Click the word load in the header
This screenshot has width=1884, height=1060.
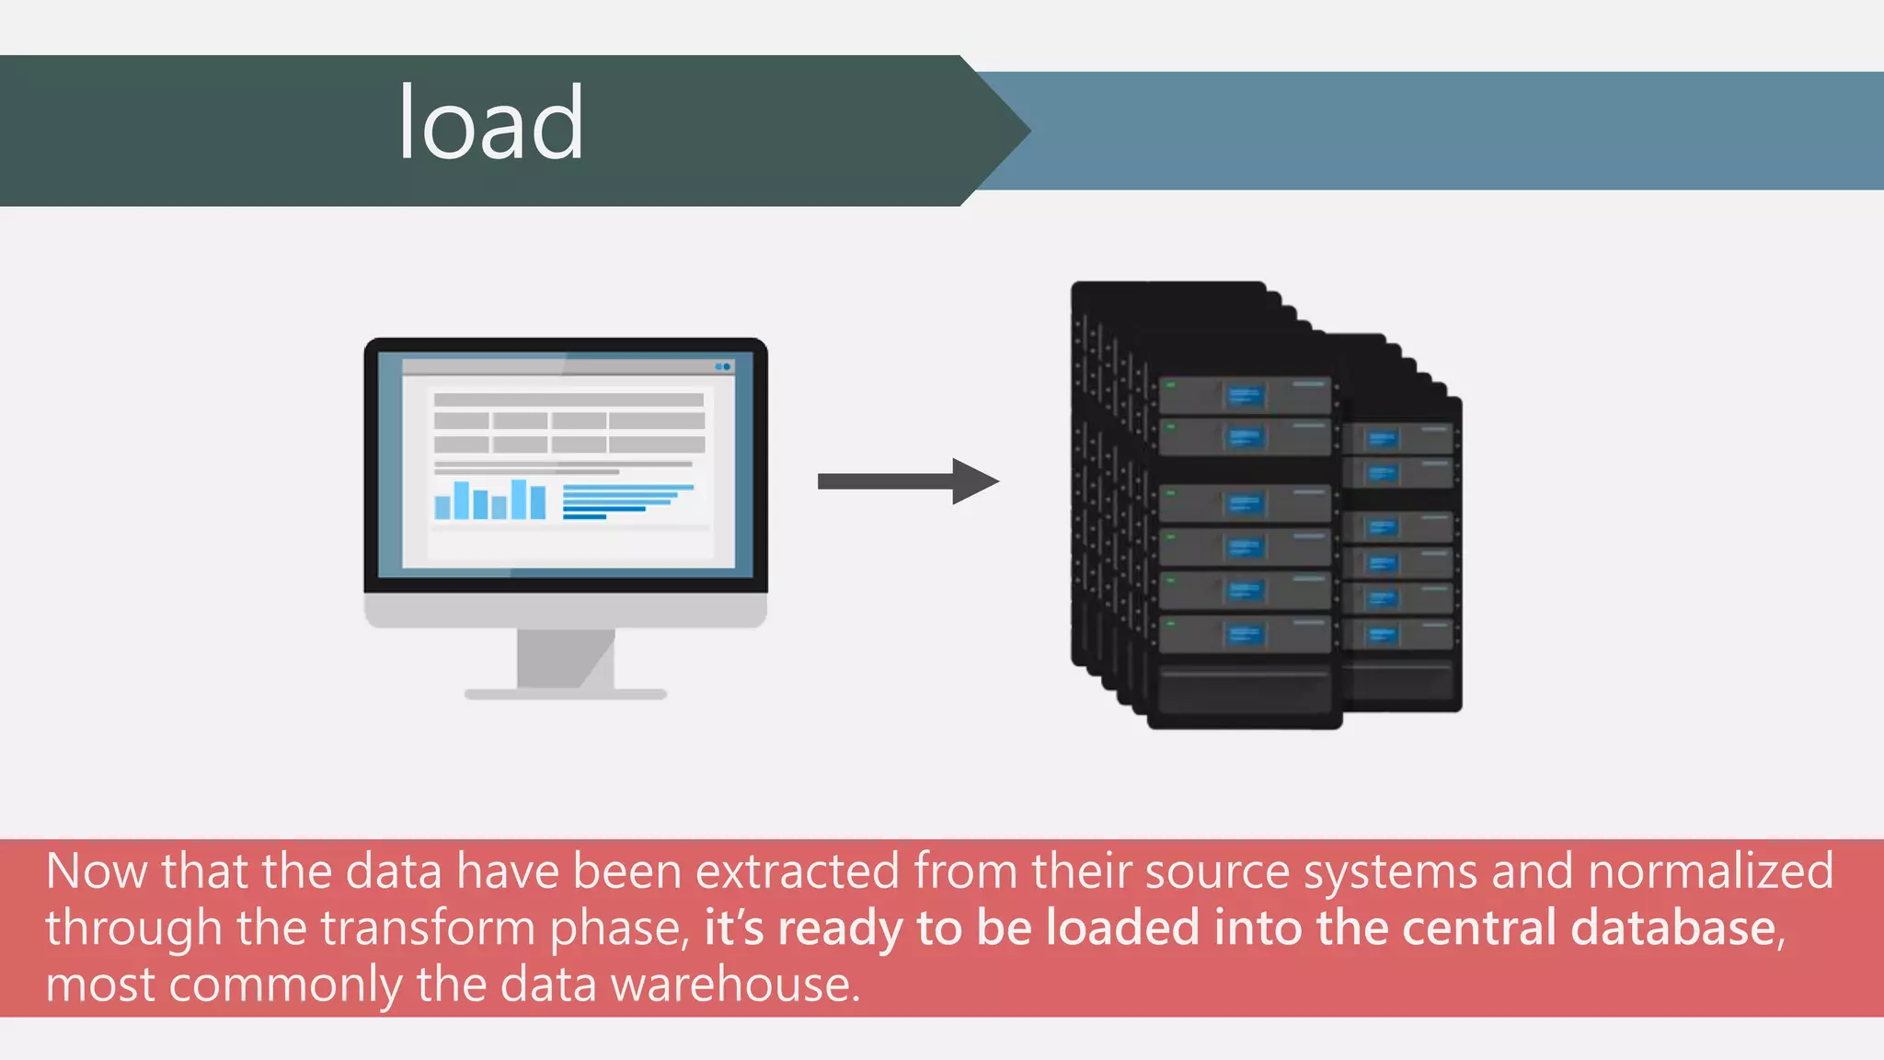490,123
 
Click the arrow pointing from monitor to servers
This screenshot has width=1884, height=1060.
907,481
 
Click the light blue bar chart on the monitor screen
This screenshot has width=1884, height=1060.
489,501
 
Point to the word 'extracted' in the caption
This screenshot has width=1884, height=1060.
797,871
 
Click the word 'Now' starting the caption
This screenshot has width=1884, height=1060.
96,871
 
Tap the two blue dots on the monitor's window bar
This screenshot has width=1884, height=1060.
723,366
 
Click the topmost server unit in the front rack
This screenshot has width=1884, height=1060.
1244,396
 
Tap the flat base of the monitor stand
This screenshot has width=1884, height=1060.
565,695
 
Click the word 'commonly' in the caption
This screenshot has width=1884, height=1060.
284,985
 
